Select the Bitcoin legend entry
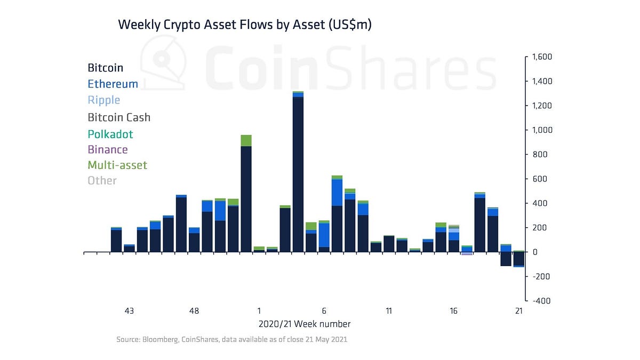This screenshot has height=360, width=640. pyautogui.click(x=105, y=68)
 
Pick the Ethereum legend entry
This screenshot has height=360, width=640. pyautogui.click(x=113, y=84)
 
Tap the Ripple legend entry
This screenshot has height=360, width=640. pyautogui.click(x=103, y=100)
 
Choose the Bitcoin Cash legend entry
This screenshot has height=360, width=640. pyautogui.click(x=119, y=117)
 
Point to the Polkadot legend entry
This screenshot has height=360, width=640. pyautogui.click(x=110, y=134)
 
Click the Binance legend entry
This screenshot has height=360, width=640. pyautogui.click(x=107, y=150)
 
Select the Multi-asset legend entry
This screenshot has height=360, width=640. pyautogui.click(x=117, y=165)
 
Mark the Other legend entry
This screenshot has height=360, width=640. pyautogui.click(x=102, y=181)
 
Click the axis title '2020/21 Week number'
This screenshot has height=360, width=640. pyautogui.click(x=305, y=324)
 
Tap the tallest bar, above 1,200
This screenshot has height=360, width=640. pyautogui.click(x=298, y=176)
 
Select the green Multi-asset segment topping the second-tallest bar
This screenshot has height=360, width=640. pyautogui.click(x=246, y=140)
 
